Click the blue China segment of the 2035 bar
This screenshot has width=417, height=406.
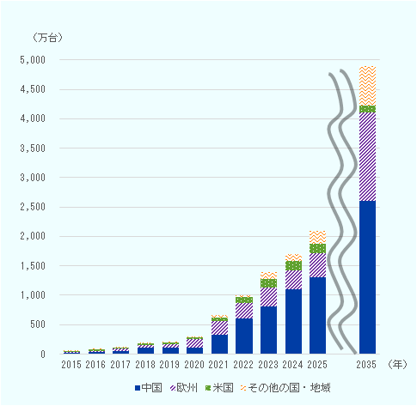(x=367, y=277)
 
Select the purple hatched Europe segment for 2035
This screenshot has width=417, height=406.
(x=367, y=157)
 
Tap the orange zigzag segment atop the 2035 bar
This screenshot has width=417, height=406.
(x=367, y=86)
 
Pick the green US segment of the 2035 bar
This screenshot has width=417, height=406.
(x=367, y=109)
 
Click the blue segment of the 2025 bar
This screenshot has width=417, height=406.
(x=317, y=316)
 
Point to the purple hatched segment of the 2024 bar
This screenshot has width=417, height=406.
(x=293, y=280)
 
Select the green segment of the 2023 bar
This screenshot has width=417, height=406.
(x=268, y=283)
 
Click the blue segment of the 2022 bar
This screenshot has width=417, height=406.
(x=244, y=336)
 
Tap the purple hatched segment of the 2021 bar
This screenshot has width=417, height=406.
(x=219, y=328)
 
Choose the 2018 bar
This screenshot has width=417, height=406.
(x=145, y=348)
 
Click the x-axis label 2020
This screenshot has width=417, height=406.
(x=194, y=365)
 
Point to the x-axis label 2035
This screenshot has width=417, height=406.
(x=366, y=365)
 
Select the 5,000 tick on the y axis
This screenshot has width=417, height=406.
(x=33, y=60)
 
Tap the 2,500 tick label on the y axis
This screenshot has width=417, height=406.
(x=33, y=207)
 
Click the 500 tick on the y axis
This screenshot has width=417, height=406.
(x=38, y=324)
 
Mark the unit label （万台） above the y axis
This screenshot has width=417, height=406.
(x=47, y=38)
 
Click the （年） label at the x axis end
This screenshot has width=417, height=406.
(x=397, y=364)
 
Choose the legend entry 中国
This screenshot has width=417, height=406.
(x=149, y=388)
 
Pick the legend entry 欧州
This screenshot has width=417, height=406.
(x=184, y=388)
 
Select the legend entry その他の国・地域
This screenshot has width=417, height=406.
(x=285, y=388)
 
